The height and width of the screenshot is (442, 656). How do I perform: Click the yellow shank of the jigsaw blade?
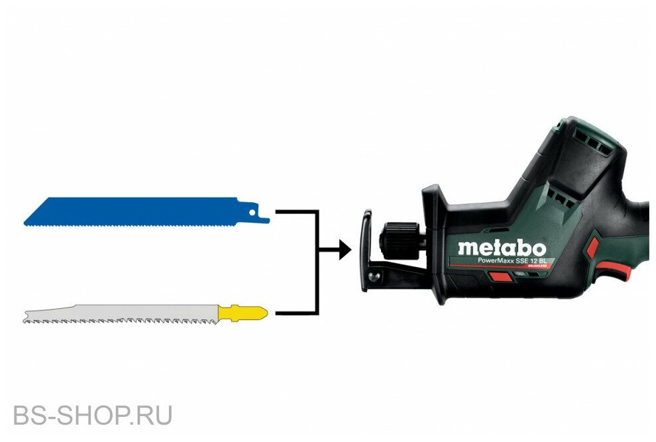[x=243, y=311]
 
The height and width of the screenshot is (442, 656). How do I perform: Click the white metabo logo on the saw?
[x=502, y=249]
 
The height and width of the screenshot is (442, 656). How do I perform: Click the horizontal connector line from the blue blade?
[x=295, y=212]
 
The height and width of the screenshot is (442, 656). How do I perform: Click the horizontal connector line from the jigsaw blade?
[x=295, y=312]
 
